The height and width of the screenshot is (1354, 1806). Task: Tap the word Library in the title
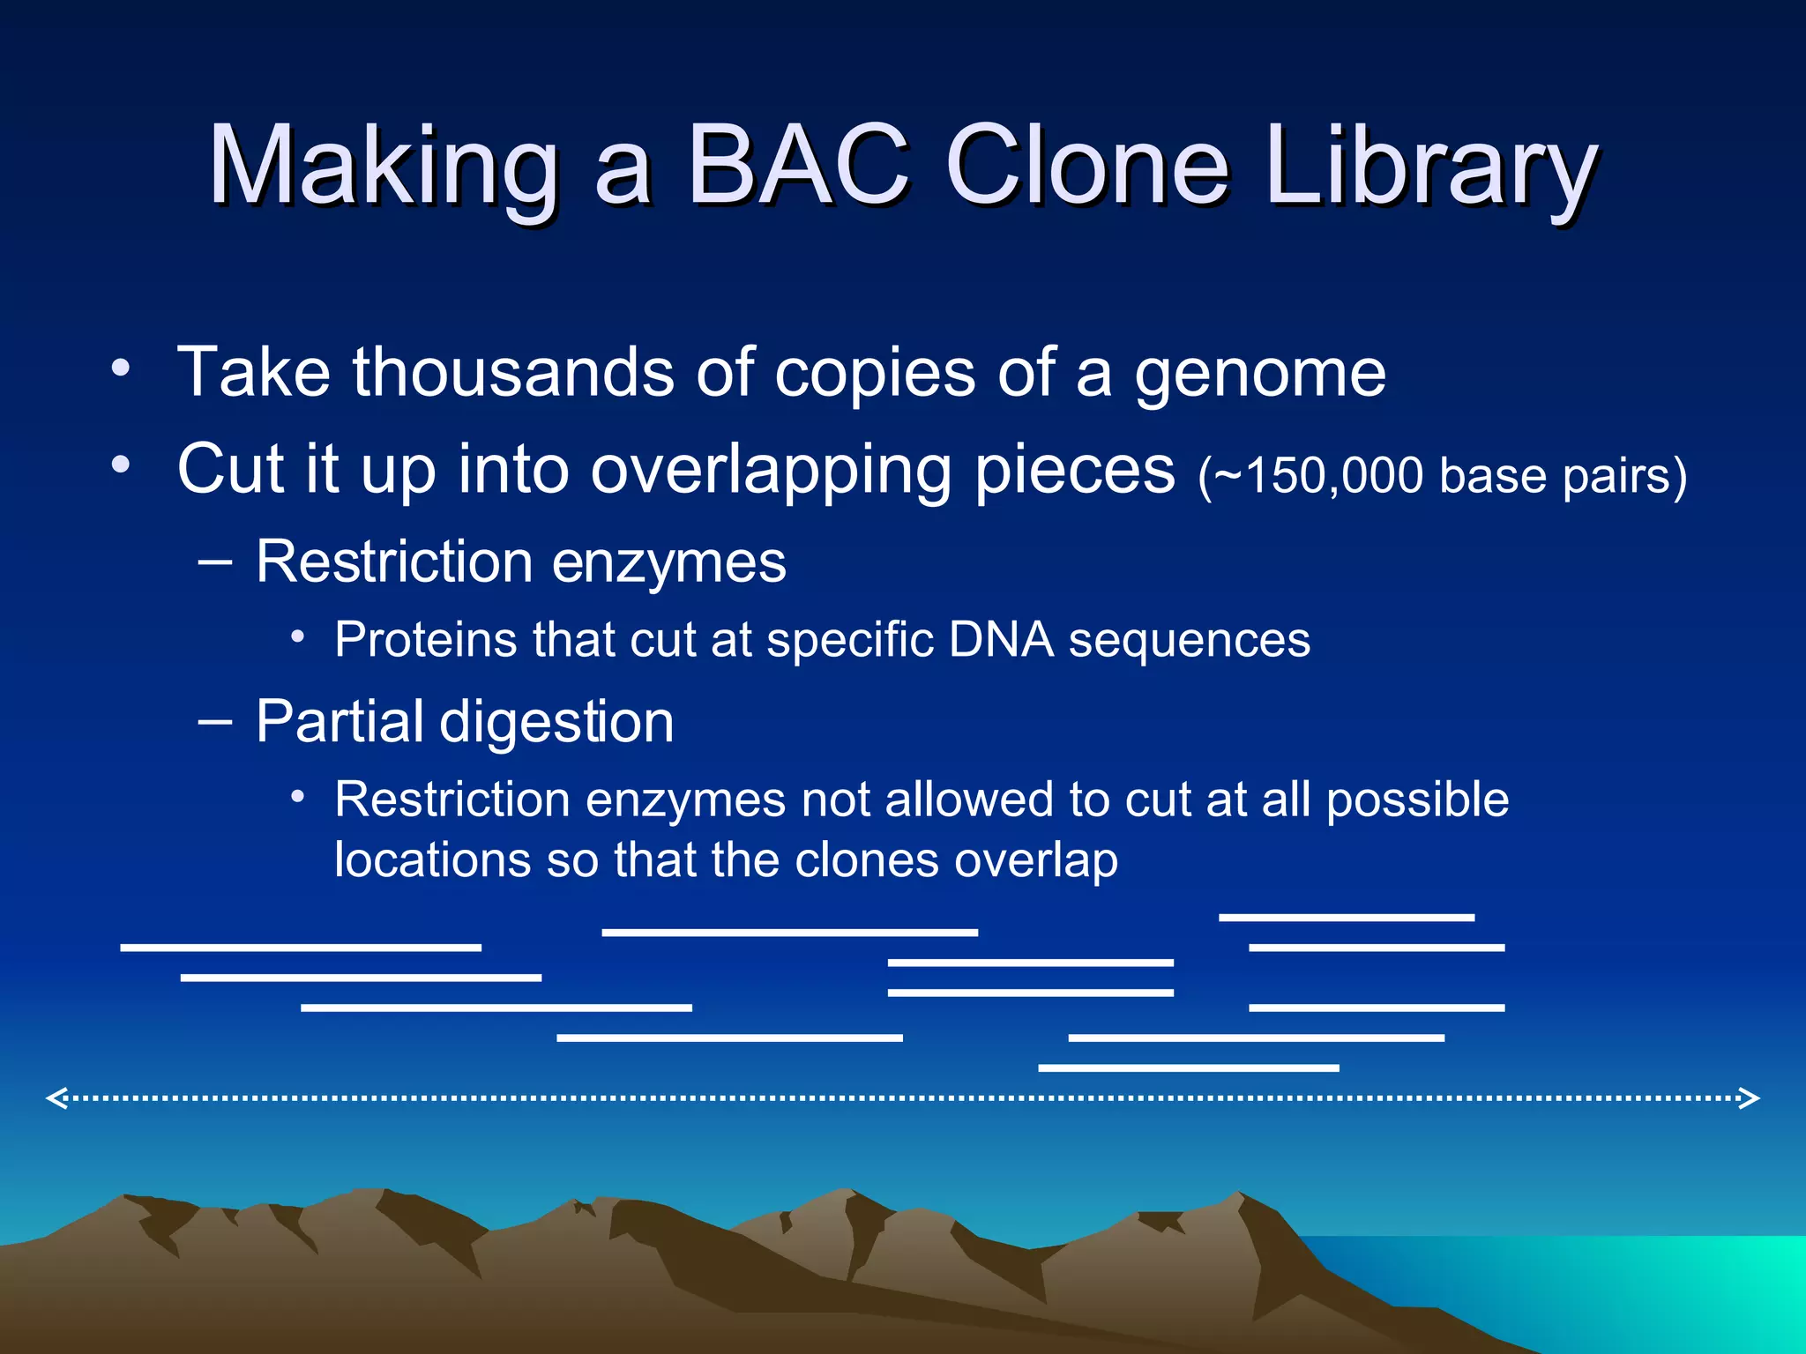[1429, 167]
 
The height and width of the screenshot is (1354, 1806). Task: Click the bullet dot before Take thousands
[121, 366]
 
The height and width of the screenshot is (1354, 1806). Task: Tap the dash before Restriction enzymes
[215, 562]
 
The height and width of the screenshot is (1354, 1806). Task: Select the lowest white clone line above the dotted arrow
[1188, 1068]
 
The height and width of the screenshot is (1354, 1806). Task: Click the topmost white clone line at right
[1346, 918]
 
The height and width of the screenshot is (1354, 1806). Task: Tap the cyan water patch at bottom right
[1675, 1287]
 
